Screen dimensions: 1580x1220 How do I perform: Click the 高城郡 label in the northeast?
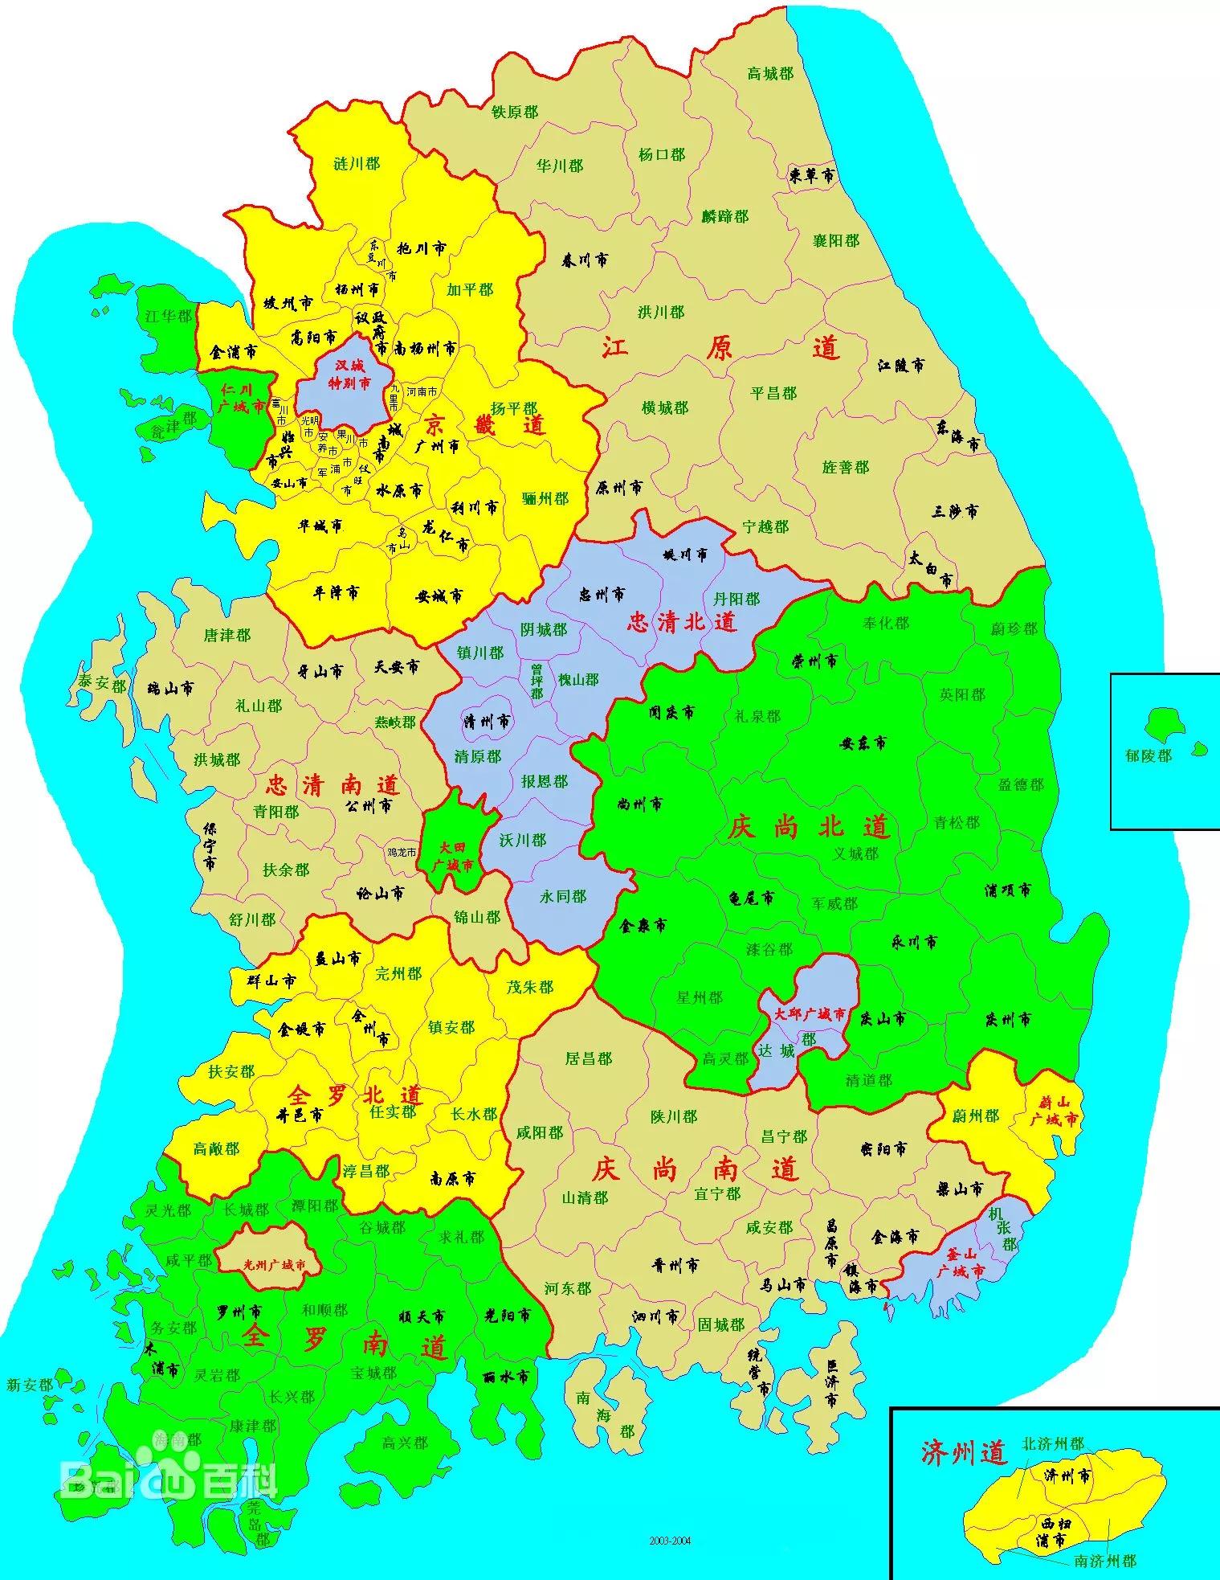pos(769,74)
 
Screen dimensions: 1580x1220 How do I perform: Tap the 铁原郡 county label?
pos(514,113)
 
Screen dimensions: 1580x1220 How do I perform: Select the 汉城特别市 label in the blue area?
pos(353,375)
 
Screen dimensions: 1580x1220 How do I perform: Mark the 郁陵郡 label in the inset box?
pos(1148,756)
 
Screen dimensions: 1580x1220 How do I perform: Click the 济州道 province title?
pos(963,1452)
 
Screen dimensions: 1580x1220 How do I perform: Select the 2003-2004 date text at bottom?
pos(670,1541)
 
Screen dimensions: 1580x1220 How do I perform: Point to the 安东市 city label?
pos(863,744)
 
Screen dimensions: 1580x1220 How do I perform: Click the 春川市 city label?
pos(584,260)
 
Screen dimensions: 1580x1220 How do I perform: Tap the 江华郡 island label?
pos(169,317)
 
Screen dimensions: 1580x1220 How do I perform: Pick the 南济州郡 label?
pos(1105,1561)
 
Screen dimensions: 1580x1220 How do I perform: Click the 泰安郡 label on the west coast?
pos(102,684)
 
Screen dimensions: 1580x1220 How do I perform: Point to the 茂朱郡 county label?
pos(530,987)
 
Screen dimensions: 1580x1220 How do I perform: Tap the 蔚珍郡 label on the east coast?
pos(1014,629)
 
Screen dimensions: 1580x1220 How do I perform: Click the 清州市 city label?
pos(487,721)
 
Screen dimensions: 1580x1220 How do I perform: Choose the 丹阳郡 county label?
pos(736,600)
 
